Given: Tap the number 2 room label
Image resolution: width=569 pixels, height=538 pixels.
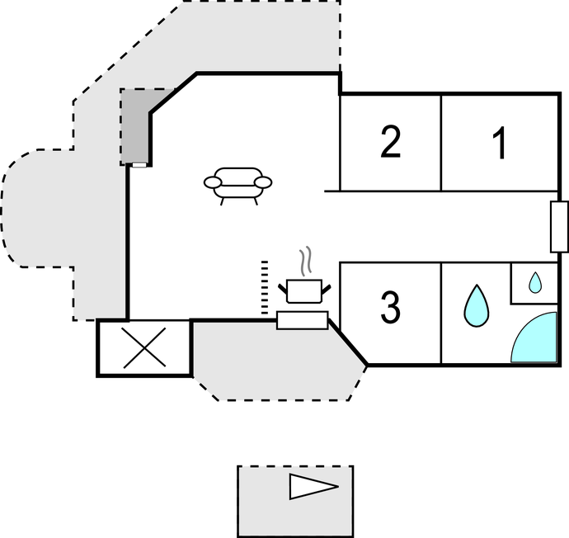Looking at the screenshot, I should click(391, 143).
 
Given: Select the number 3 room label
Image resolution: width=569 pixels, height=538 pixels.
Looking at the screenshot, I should click(391, 308).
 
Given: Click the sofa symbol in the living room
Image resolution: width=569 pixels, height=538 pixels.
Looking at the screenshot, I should click(237, 185).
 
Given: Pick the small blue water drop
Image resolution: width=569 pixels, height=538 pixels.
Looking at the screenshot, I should click(534, 283).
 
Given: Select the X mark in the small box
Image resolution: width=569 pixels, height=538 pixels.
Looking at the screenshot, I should click(144, 347).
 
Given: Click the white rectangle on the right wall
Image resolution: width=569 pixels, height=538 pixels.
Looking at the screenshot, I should click(559, 225).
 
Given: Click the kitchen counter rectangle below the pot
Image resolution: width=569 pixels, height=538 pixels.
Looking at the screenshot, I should click(303, 320).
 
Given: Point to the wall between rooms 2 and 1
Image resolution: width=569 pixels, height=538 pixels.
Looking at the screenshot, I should click(441, 143).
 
